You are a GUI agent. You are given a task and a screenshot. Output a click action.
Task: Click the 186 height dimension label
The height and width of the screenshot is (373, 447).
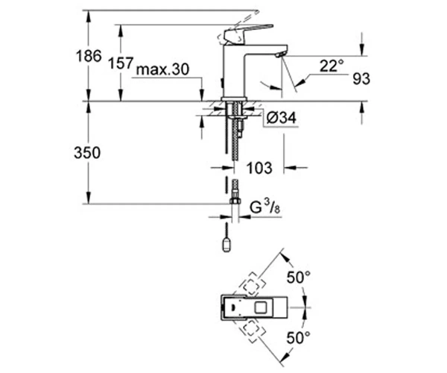(x=89, y=56)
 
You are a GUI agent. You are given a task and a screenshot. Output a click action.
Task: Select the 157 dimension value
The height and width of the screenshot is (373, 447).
(x=121, y=63)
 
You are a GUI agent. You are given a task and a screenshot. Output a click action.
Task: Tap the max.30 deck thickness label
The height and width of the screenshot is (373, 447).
(x=162, y=69)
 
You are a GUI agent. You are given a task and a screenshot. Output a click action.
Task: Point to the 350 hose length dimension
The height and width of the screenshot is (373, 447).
(x=87, y=153)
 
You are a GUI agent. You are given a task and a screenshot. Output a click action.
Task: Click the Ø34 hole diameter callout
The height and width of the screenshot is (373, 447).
(x=282, y=117)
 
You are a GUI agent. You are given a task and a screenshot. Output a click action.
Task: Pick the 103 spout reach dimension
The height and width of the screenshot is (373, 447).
(x=259, y=168)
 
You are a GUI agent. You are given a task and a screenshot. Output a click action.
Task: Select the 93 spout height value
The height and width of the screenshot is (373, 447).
(x=361, y=78)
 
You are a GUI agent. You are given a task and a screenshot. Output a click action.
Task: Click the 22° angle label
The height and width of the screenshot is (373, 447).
(x=332, y=66)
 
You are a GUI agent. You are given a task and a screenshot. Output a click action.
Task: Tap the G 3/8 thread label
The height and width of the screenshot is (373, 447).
(x=264, y=207)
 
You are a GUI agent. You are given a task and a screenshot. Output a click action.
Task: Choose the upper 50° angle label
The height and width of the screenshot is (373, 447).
(x=299, y=277)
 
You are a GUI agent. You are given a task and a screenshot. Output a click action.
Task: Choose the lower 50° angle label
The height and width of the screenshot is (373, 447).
(x=299, y=338)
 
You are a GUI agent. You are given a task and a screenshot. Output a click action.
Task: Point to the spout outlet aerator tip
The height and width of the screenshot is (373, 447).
(x=281, y=54)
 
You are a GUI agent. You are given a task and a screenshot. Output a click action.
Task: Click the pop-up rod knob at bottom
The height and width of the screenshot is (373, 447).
(x=226, y=245)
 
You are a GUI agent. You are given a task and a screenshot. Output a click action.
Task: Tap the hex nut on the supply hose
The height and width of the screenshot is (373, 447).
(x=235, y=201)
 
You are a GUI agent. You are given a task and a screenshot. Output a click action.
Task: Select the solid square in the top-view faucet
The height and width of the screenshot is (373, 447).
(x=261, y=308)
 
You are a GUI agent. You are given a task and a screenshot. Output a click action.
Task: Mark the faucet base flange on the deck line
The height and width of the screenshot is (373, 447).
(x=234, y=99)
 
